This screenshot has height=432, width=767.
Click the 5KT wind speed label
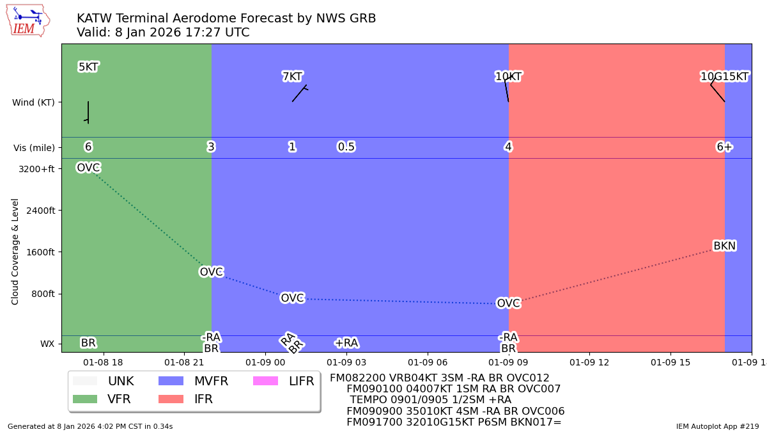tap(88, 67)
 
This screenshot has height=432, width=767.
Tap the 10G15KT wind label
tap(724, 77)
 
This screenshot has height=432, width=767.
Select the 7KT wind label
tap(292, 77)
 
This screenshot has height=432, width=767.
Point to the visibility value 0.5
tap(346, 147)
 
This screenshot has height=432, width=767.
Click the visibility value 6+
tap(724, 147)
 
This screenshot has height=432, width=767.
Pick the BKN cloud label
tap(724, 246)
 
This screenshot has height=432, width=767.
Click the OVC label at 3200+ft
tap(88, 168)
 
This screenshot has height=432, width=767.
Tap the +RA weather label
tap(346, 343)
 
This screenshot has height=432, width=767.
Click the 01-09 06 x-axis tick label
tap(427, 362)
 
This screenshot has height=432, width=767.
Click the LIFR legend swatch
tap(265, 381)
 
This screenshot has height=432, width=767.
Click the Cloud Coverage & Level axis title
tap(15, 251)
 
